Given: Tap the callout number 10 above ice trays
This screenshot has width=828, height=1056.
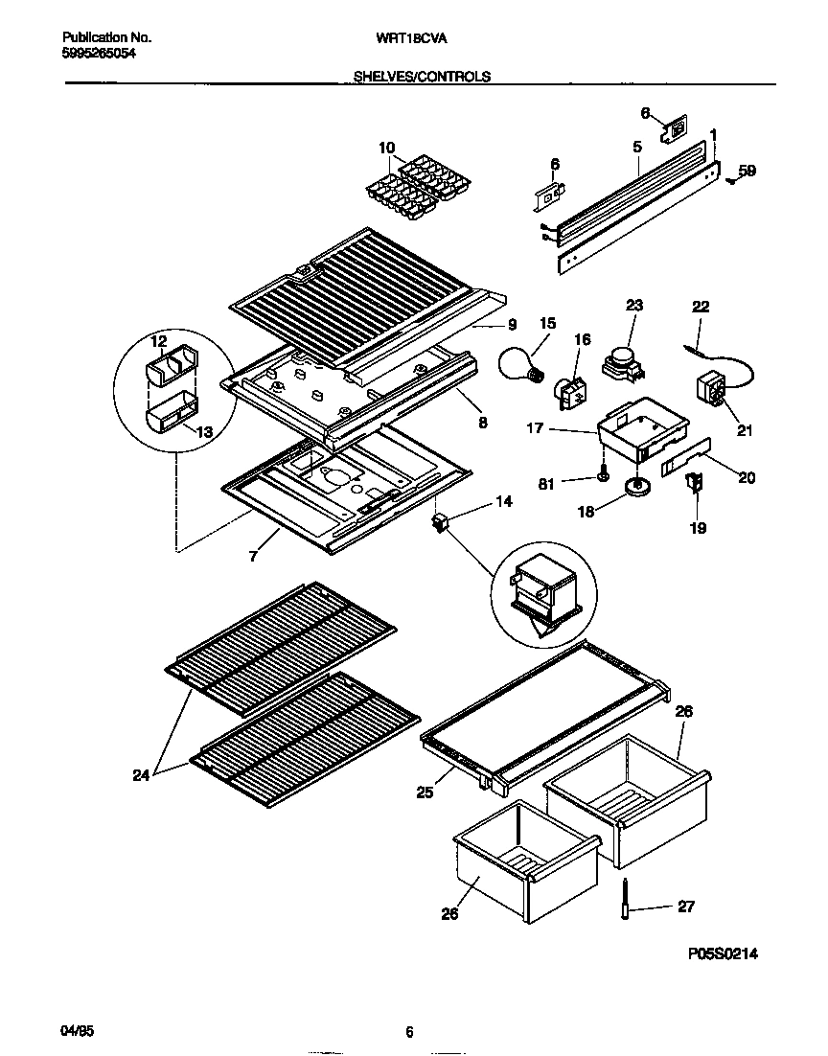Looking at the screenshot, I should coord(386,148).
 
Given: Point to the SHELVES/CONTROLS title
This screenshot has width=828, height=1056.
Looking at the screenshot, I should coord(422,77).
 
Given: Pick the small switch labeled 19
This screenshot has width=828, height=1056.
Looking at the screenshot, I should coord(694,486).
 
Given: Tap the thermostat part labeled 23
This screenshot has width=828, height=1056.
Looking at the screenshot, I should coord(622,362).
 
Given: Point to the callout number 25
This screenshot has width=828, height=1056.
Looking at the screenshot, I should coord(425,792).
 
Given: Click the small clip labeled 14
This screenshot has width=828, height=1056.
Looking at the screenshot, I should coord(442,523).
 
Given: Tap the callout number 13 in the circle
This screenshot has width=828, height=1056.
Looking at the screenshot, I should coord(204,432).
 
